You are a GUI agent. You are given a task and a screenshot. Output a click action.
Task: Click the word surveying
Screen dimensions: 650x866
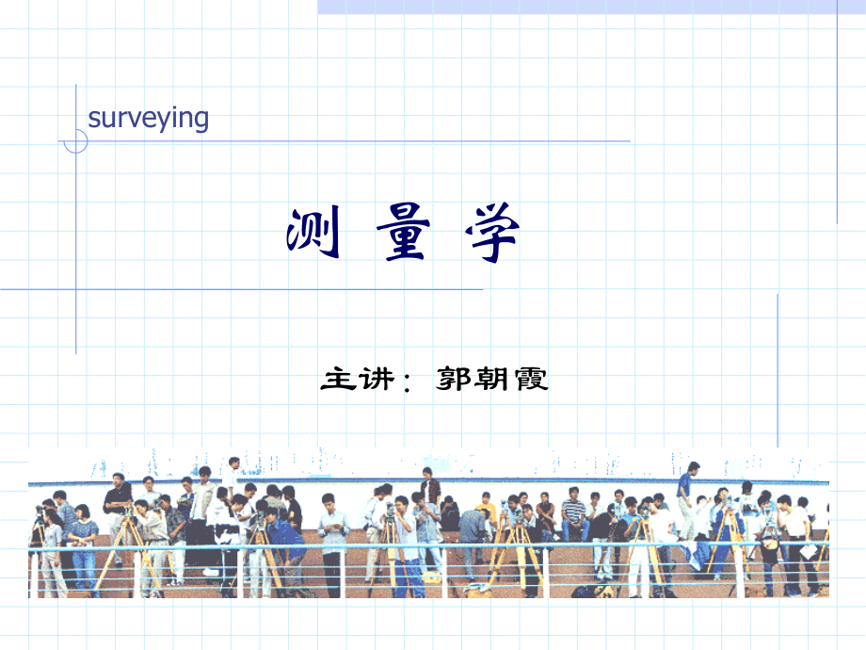click(x=148, y=119)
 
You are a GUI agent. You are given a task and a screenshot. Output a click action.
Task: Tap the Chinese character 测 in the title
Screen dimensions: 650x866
click(x=313, y=236)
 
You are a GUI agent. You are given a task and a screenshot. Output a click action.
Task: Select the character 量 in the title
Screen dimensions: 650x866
click(x=403, y=236)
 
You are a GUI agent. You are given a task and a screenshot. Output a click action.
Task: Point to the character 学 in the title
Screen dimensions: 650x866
click(x=491, y=236)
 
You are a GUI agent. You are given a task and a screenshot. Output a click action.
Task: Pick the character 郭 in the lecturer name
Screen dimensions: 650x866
click(x=456, y=380)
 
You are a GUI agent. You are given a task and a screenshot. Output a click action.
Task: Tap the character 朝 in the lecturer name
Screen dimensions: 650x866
click(x=492, y=380)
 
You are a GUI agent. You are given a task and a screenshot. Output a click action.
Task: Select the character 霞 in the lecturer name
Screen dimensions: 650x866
click(x=529, y=380)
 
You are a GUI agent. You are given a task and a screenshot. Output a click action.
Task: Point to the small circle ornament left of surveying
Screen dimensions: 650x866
click(x=75, y=141)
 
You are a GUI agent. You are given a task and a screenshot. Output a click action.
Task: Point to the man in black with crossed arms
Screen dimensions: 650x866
click(x=118, y=499)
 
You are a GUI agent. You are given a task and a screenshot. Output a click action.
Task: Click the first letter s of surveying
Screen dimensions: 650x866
click(x=93, y=120)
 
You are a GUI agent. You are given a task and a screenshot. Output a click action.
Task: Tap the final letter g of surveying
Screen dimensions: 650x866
click(x=200, y=122)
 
